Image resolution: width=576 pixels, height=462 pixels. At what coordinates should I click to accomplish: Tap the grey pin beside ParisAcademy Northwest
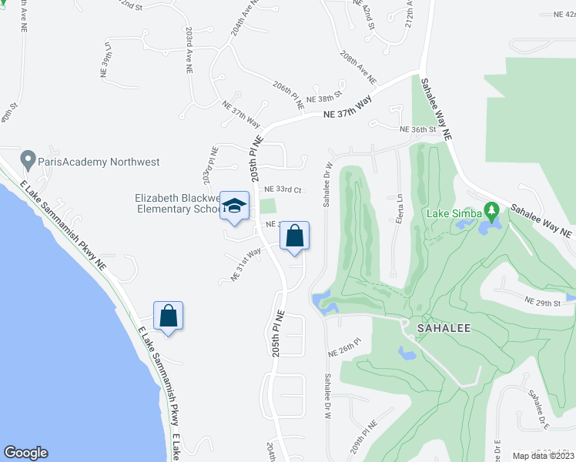[x=28, y=161]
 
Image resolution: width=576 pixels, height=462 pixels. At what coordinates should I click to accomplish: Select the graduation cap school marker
[x=235, y=207]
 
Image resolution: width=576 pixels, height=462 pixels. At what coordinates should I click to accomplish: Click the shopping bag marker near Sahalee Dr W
[x=294, y=236]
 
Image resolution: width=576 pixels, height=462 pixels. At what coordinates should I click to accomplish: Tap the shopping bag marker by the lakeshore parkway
[x=168, y=316]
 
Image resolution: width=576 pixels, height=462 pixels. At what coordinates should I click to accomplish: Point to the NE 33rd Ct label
[x=281, y=189]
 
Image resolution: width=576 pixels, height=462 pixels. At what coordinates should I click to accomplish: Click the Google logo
[x=25, y=453]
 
